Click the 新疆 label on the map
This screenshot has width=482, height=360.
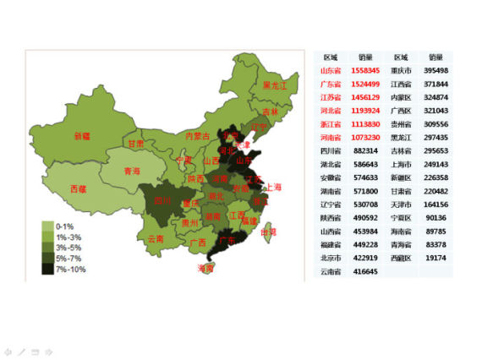[x=82, y=136]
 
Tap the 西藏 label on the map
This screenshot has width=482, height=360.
[x=77, y=188]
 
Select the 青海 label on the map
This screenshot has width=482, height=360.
[x=132, y=171]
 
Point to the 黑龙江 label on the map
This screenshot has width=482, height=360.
[x=275, y=85]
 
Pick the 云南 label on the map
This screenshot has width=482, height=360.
[x=156, y=238]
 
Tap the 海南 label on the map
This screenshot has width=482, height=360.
[x=205, y=268]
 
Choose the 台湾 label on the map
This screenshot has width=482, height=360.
[x=268, y=232]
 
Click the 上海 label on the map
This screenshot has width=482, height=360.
[x=273, y=187]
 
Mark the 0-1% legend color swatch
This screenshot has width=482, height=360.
[x=47, y=226]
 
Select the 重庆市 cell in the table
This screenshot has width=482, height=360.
[x=401, y=70]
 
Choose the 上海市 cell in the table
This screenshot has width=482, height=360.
[x=401, y=164]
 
